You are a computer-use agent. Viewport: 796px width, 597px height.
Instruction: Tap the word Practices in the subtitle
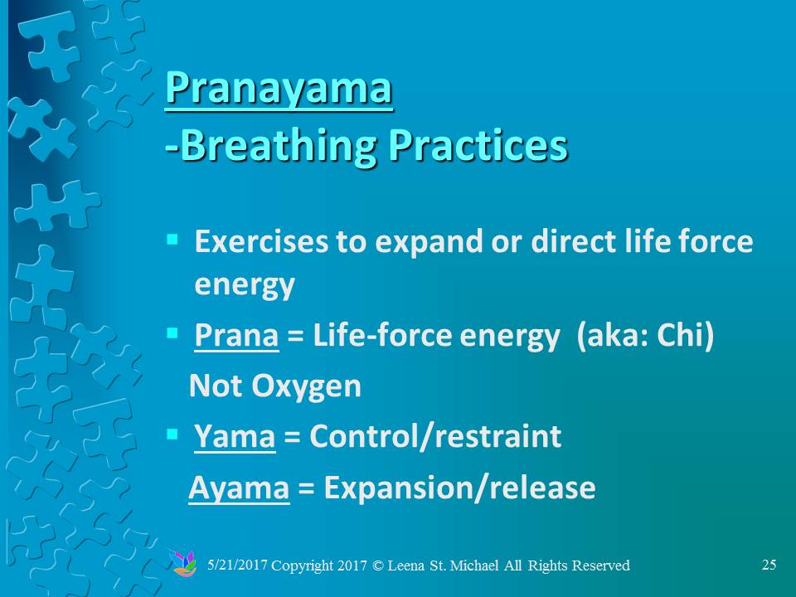pyautogui.click(x=478, y=145)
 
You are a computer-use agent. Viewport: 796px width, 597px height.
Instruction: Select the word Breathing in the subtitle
pyautogui.click(x=279, y=147)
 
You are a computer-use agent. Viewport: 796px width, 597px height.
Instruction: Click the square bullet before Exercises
pyautogui.click(x=172, y=239)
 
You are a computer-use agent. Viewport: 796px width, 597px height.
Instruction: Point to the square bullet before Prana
pyautogui.click(x=172, y=333)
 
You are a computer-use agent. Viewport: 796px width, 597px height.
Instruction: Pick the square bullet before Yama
pyautogui.click(x=172, y=434)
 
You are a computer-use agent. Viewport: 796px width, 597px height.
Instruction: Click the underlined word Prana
pyautogui.click(x=236, y=336)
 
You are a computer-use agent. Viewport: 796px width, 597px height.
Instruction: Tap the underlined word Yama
pyautogui.click(x=235, y=437)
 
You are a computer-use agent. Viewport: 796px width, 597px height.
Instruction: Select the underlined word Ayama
pyautogui.click(x=239, y=488)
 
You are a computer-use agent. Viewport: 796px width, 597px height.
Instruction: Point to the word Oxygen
pyautogui.click(x=306, y=387)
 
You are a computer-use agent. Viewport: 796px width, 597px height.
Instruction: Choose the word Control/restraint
pyautogui.click(x=435, y=436)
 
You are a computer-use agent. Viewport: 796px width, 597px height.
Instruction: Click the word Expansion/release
pyautogui.click(x=460, y=488)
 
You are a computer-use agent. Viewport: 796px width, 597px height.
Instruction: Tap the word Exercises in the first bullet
pyautogui.click(x=261, y=241)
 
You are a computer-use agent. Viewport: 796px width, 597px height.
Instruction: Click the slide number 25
pyautogui.click(x=769, y=565)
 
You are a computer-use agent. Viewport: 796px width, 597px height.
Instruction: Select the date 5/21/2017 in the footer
pyautogui.click(x=237, y=565)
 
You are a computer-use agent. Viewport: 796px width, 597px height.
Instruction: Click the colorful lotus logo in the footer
pyautogui.click(x=184, y=564)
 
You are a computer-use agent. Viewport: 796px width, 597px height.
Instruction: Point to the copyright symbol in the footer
pyautogui.click(x=378, y=565)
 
